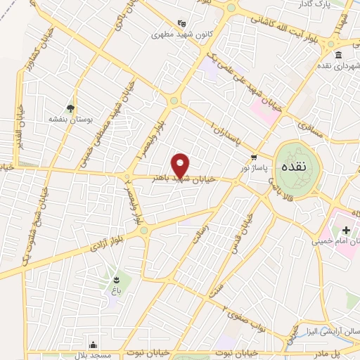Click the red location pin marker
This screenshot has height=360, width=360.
(181, 165)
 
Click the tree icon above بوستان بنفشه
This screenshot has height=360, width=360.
(70, 108)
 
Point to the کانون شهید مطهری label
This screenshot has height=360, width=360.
(182, 33)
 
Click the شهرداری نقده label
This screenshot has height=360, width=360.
(337, 67)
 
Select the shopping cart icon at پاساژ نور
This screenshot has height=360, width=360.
(254, 157)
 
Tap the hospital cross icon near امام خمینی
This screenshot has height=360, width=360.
(345, 230)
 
